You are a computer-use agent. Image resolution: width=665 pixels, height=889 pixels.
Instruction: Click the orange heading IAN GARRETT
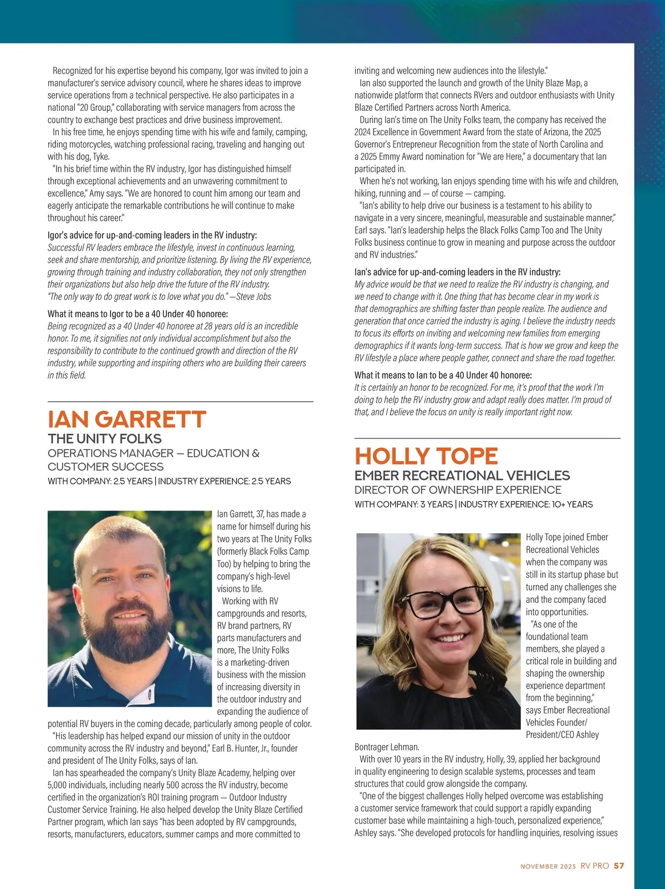pos(127,420)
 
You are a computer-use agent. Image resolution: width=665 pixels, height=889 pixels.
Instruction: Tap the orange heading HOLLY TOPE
pos(426,456)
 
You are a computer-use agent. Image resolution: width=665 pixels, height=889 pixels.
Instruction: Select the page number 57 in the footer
pos(619,866)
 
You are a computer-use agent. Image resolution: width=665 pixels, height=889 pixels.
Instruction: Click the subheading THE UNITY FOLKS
pos(105,439)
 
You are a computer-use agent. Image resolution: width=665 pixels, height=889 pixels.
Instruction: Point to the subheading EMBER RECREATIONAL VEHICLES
pos(462,476)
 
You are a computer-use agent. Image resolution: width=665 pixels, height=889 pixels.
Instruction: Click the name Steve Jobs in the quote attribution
pos(254,297)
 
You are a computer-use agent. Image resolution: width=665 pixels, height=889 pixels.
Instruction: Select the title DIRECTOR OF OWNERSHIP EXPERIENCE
pos(458,490)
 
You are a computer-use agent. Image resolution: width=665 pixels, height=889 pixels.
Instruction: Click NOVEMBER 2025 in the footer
pos(548,866)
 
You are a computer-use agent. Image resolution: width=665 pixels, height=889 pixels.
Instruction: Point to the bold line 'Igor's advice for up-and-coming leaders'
pos(152,235)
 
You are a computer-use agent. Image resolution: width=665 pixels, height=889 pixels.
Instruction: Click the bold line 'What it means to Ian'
pos(443,375)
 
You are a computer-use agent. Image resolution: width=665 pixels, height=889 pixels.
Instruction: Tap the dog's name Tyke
pos(101,156)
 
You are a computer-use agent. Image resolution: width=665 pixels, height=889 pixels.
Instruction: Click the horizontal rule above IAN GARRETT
pos(180,401)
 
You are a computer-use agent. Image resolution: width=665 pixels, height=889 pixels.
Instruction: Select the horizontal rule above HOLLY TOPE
pos(487,438)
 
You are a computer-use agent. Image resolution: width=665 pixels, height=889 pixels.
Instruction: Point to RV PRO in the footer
pos(595,866)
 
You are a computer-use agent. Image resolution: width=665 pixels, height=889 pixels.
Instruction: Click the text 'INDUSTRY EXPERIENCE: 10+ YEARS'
pos(525,504)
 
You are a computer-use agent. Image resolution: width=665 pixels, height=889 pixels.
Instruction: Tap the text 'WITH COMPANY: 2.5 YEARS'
pos(100,481)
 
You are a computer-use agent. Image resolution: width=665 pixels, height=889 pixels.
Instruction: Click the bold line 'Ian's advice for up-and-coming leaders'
pos(457,272)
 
